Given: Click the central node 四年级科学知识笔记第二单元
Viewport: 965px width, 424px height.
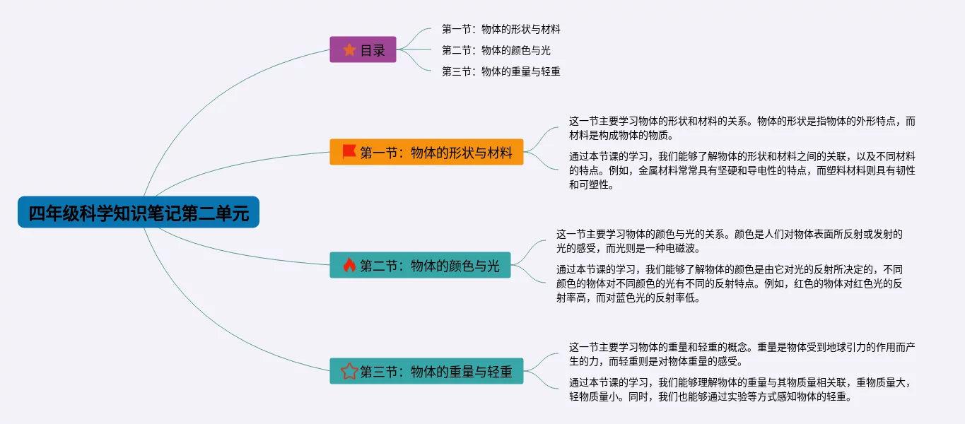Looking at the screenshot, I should tap(139, 213).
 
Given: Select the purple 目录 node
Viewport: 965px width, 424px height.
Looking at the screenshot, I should tap(363, 49).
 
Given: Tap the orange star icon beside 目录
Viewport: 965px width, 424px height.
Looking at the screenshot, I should tap(349, 49).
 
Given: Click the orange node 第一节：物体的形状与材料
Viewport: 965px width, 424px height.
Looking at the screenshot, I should tap(426, 152).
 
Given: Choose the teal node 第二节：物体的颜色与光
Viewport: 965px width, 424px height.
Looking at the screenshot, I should tap(420, 265).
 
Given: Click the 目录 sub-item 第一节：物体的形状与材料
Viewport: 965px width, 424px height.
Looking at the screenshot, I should tap(501, 29).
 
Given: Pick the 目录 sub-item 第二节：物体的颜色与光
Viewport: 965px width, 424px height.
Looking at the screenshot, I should tap(496, 50).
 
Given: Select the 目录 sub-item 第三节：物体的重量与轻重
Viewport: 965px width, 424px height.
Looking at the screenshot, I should tap(501, 71).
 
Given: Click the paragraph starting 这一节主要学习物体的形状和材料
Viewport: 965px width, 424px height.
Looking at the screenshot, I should tap(742, 128).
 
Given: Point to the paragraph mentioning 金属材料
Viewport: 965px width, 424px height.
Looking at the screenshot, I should tap(742, 170).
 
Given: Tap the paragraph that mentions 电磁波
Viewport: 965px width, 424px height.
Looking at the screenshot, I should tap(729, 241).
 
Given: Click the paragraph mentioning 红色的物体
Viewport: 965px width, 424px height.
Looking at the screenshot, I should tap(729, 283).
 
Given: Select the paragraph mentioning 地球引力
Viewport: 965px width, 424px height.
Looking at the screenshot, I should tap(742, 354).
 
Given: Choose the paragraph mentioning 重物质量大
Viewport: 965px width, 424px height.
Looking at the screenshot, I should tap(742, 389).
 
